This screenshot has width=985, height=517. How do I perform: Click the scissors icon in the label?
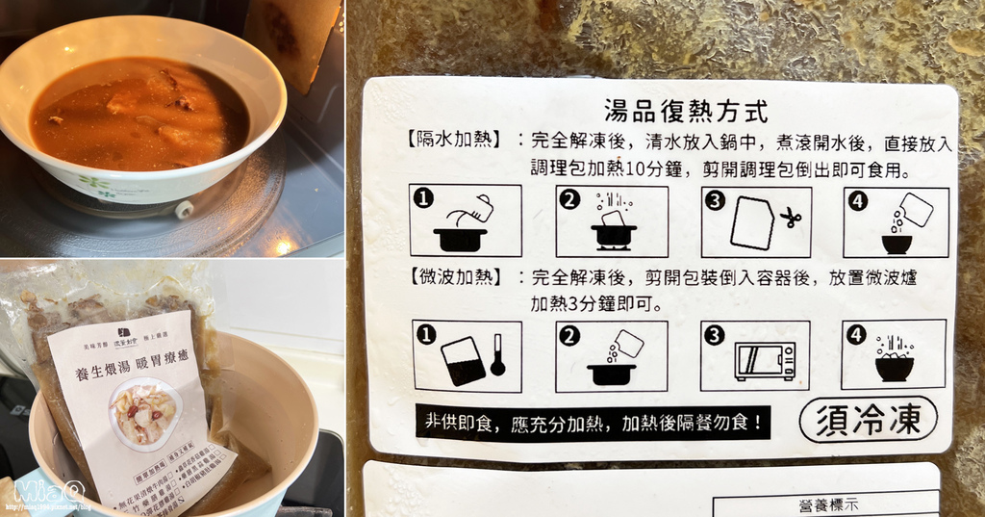click(790, 219)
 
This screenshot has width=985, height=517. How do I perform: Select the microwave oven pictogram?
click(765, 359)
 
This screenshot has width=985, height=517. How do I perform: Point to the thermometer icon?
click(496, 354)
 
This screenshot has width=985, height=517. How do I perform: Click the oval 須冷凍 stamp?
click(869, 419)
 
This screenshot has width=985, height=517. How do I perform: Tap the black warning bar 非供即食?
click(593, 422)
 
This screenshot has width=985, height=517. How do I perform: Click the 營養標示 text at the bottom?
click(828, 504)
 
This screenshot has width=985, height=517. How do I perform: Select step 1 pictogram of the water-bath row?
click(465, 220)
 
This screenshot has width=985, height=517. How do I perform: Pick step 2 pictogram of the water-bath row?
click(612, 220)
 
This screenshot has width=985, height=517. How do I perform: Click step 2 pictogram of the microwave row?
click(612, 354)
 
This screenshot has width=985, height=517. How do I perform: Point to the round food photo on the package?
click(145, 413)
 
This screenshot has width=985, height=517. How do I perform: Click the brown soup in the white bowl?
click(135, 114)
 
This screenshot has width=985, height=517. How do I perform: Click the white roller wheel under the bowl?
click(184, 209)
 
